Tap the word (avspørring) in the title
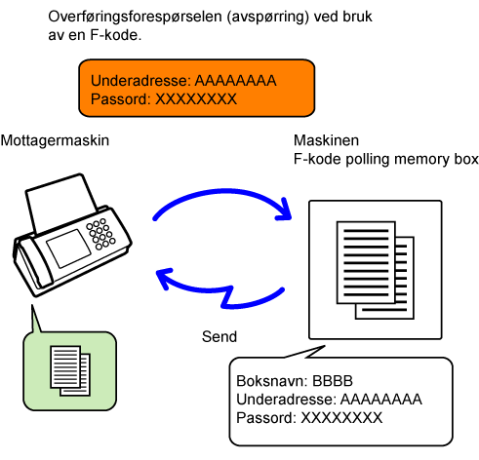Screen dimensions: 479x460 [x=267, y=17]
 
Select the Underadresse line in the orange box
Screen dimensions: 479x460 [x=183, y=81]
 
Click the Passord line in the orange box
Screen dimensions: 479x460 [x=164, y=99]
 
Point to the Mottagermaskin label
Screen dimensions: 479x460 [x=55, y=140]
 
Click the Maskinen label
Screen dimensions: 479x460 [x=326, y=140]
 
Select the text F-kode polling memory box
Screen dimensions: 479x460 [x=386, y=159]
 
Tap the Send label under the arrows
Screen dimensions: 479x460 [x=220, y=336]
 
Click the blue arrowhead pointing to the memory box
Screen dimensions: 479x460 [x=284, y=210]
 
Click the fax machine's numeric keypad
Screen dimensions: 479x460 [x=100, y=234]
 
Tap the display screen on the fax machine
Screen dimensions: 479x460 [x=68, y=248]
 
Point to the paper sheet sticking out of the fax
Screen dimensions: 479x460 [x=60, y=202]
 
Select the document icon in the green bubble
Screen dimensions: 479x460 [x=70, y=370]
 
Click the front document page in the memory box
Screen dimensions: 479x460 [x=366, y=262]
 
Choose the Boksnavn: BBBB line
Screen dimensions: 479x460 [x=295, y=381]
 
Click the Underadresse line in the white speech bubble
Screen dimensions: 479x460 [x=329, y=400]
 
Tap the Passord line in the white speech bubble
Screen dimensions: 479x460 [x=309, y=418]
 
